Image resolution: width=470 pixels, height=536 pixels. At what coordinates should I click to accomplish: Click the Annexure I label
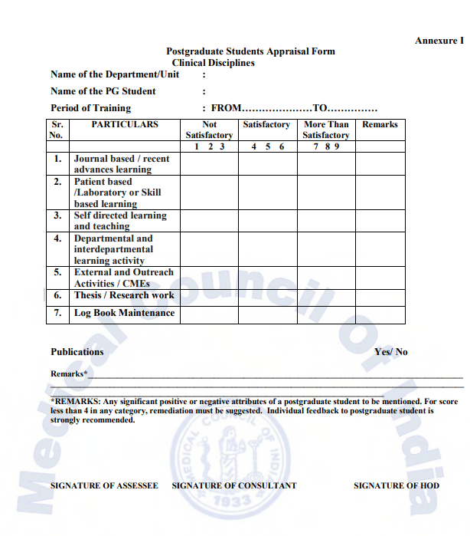point(439,41)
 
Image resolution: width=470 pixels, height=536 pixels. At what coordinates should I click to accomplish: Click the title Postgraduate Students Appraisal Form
point(250,51)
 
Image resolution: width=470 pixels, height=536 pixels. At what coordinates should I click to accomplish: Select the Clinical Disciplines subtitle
point(213,62)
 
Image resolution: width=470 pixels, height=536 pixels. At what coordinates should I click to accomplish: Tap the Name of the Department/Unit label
point(115,74)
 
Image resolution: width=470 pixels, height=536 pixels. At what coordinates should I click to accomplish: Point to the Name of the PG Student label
point(103,91)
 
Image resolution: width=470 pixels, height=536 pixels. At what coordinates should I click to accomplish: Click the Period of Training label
point(90,108)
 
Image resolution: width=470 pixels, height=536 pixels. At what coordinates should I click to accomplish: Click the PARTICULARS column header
point(125,124)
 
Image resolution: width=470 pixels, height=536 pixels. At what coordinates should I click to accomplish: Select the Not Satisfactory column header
point(209,130)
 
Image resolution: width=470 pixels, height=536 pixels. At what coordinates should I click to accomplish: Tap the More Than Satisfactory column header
point(325,130)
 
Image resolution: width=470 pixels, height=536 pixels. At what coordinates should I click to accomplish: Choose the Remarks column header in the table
point(380,124)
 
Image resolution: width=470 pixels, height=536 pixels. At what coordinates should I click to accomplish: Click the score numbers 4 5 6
point(267,146)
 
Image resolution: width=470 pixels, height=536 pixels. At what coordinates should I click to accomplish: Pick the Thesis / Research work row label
point(124,295)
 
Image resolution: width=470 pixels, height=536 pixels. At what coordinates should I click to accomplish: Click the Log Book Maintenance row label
point(124,313)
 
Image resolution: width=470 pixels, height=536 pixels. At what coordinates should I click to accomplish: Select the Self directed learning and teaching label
point(119,221)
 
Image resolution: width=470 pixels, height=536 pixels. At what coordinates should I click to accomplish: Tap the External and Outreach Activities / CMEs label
point(123,278)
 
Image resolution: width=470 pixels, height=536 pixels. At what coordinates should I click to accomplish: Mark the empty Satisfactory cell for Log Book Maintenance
point(267,314)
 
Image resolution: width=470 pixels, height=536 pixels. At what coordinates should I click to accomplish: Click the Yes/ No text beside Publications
point(390,352)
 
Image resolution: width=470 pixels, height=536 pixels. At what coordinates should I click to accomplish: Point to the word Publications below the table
point(77,352)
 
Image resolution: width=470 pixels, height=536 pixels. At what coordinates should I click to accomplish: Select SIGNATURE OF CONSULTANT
point(234,485)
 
